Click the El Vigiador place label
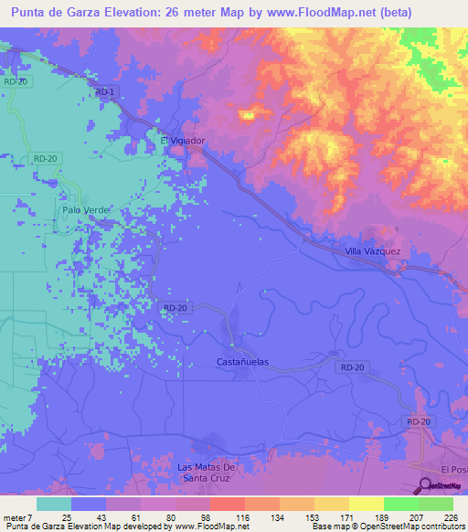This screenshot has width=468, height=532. pyautogui.click(x=183, y=141)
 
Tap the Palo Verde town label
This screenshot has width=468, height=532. pyautogui.click(x=85, y=209)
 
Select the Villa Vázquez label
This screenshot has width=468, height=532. pyautogui.click(x=372, y=250)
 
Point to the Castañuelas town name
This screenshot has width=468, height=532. pyautogui.click(x=242, y=362)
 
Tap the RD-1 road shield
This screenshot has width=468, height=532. pyautogui.click(x=104, y=92)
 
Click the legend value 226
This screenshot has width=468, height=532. pyautogui.click(x=448, y=516)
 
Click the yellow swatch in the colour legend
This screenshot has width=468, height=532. pyautogui.click(x=366, y=504)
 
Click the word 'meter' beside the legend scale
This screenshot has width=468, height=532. pyautogui.click(x=16, y=516)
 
